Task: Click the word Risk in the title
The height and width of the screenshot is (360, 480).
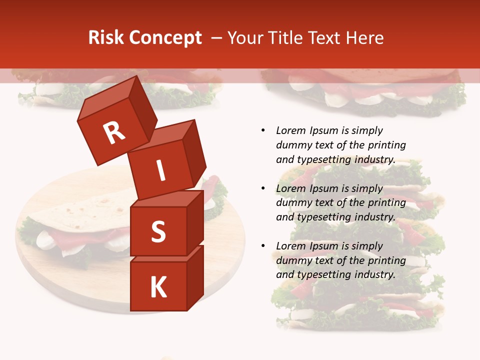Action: click(x=105, y=38)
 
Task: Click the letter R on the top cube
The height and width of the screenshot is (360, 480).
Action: click(x=114, y=133)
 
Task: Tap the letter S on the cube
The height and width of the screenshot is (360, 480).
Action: click(x=158, y=232)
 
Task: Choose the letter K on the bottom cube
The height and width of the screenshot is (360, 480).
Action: click(x=158, y=287)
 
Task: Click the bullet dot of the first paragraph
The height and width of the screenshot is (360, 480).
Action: click(x=263, y=130)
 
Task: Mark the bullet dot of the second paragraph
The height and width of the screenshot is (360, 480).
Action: click(x=263, y=188)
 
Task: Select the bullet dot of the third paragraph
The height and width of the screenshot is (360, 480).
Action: click(x=263, y=246)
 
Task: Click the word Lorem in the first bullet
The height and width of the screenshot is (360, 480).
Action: click(x=290, y=130)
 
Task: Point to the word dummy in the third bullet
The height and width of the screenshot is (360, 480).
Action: click(x=292, y=260)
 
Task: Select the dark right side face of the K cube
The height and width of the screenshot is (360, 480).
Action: click(x=195, y=277)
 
